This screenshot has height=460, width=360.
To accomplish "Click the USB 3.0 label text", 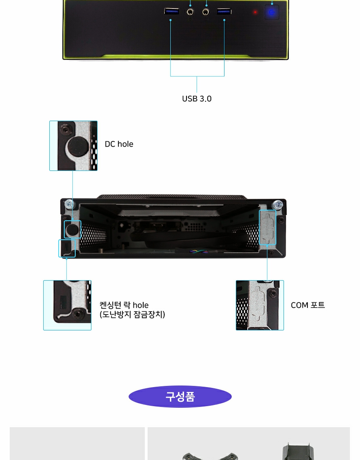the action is [x=197, y=98].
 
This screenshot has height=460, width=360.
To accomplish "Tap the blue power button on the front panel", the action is [x=272, y=12].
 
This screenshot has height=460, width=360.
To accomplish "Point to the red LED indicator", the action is [x=255, y=12].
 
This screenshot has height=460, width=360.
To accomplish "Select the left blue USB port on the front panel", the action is [x=172, y=11].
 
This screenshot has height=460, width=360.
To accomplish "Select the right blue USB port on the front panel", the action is [x=224, y=11].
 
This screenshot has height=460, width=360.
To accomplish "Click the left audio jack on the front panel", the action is [x=190, y=12].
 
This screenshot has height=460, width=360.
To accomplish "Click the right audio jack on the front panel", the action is [x=206, y=12].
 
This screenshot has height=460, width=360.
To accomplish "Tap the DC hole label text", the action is [x=119, y=144].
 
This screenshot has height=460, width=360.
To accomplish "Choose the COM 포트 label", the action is [x=308, y=305].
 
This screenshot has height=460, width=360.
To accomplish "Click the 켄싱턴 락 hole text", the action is [x=124, y=305].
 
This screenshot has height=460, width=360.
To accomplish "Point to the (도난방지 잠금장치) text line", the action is [x=132, y=315].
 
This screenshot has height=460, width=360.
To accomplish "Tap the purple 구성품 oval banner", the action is [x=180, y=397].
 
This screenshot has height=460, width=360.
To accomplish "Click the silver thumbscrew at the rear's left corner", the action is [x=70, y=204].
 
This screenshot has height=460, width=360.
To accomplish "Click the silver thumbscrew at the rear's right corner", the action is [x=277, y=204].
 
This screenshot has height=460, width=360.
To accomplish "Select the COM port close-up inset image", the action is [x=260, y=305].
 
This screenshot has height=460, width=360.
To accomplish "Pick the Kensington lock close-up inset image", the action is [x=67, y=305].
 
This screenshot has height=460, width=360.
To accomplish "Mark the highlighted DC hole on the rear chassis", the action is [x=72, y=230].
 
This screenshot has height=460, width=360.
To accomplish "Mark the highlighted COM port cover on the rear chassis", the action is [x=267, y=227].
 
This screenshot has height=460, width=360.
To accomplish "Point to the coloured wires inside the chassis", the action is [x=199, y=251].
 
